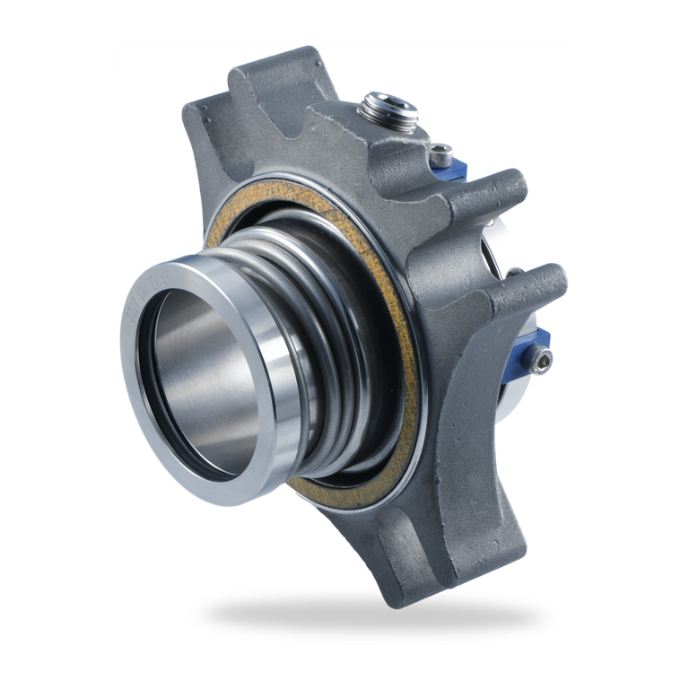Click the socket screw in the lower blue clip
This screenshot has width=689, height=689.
pyautogui.click(x=540, y=362)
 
